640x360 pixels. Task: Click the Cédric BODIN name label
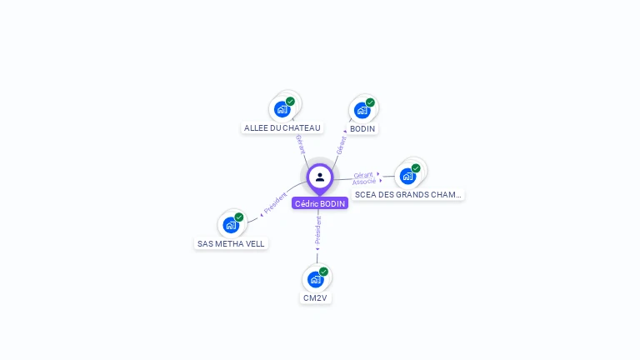click(320, 203)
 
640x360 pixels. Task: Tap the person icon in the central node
click(320, 177)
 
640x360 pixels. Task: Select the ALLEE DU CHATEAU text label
click(282, 128)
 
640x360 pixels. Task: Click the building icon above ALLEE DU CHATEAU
click(282, 108)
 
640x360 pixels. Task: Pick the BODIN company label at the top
click(362, 129)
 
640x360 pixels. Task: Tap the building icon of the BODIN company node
click(362, 109)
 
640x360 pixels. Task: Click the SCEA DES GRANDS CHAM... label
click(407, 195)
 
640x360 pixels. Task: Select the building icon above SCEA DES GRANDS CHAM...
click(407, 176)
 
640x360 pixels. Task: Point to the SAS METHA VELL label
click(231, 244)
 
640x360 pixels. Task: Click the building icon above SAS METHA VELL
click(230, 224)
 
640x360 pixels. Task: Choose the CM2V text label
click(315, 297)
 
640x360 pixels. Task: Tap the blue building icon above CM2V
click(315, 278)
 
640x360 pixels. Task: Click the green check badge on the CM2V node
click(323, 271)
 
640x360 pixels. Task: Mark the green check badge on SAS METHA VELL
click(239, 217)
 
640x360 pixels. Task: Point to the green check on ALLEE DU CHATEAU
click(290, 101)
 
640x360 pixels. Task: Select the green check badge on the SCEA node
click(416, 168)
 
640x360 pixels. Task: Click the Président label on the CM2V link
click(317, 232)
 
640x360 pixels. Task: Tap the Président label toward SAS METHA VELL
click(275, 202)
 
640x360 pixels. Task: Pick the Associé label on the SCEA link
click(363, 182)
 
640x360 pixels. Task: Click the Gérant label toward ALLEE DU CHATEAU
click(299, 143)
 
